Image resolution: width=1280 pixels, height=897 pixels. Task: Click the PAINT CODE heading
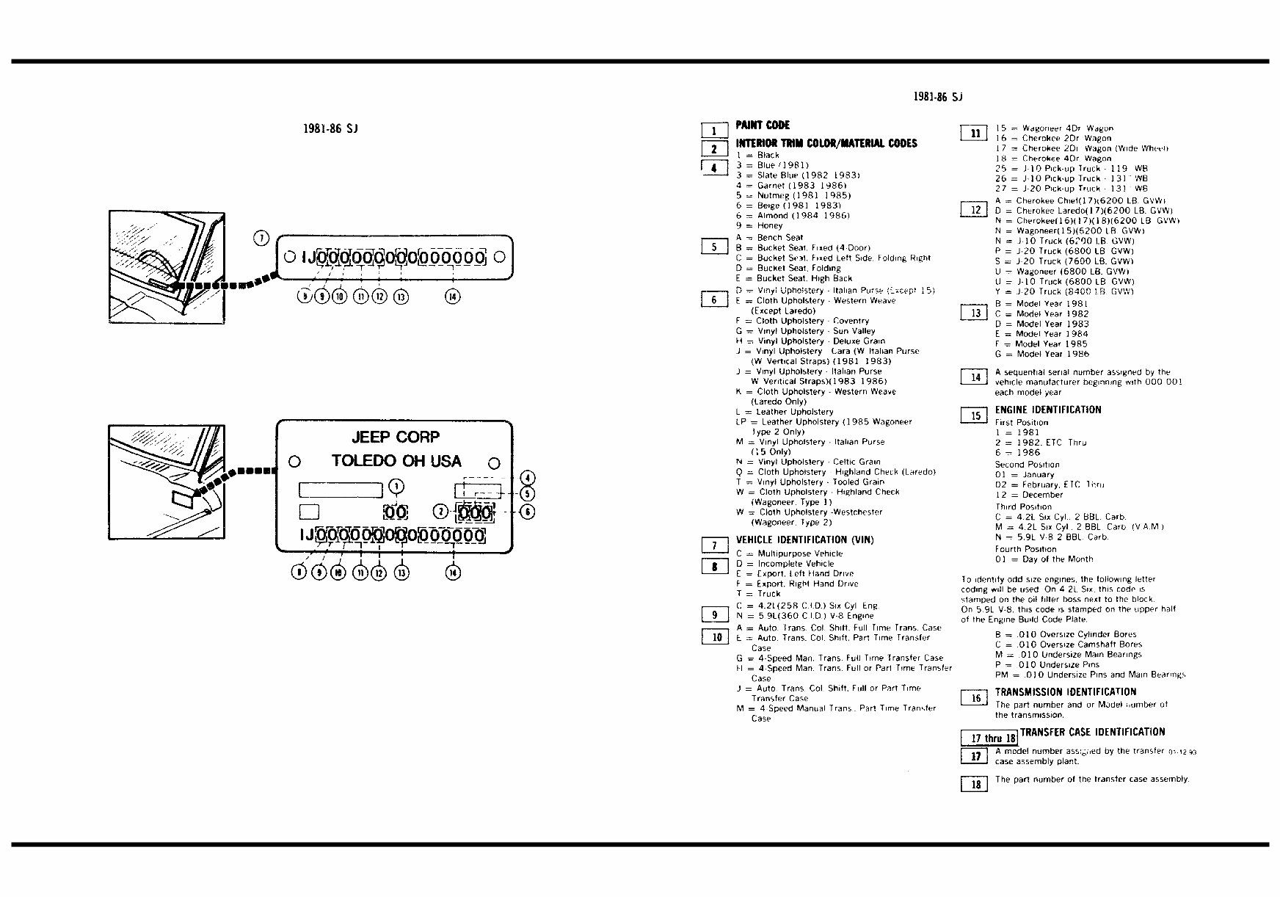763,126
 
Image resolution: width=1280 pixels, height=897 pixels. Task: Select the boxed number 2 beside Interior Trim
714,149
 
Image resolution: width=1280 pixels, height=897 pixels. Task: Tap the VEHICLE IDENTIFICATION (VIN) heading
804,540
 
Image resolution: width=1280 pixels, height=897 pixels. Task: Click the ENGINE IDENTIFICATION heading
1047,410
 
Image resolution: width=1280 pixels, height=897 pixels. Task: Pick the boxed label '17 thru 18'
989,738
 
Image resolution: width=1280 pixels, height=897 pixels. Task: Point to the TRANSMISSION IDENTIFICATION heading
1065,692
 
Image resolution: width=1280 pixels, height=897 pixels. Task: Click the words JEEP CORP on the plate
395,437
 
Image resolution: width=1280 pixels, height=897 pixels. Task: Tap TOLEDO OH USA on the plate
396,461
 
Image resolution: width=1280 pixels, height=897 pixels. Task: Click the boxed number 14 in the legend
975,377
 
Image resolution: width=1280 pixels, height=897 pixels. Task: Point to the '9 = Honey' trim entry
759,226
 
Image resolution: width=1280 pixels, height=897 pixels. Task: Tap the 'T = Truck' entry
758,594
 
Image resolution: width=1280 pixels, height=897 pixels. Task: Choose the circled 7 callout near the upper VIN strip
262,238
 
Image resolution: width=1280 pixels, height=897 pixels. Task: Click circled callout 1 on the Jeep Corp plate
396,486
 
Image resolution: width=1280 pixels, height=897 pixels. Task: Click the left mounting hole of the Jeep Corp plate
294,462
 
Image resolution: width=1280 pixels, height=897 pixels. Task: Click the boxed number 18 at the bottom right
975,785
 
